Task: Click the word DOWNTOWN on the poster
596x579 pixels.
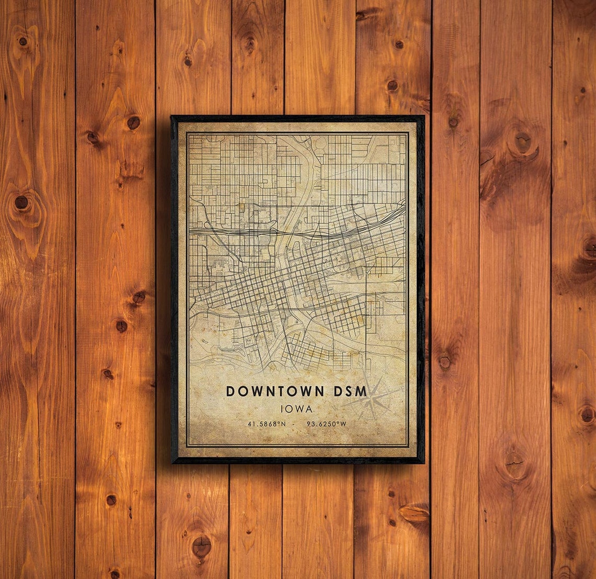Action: (x=276, y=391)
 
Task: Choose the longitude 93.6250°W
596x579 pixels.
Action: (x=326, y=424)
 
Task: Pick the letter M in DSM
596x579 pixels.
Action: (x=361, y=391)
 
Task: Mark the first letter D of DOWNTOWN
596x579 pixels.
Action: (x=231, y=391)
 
